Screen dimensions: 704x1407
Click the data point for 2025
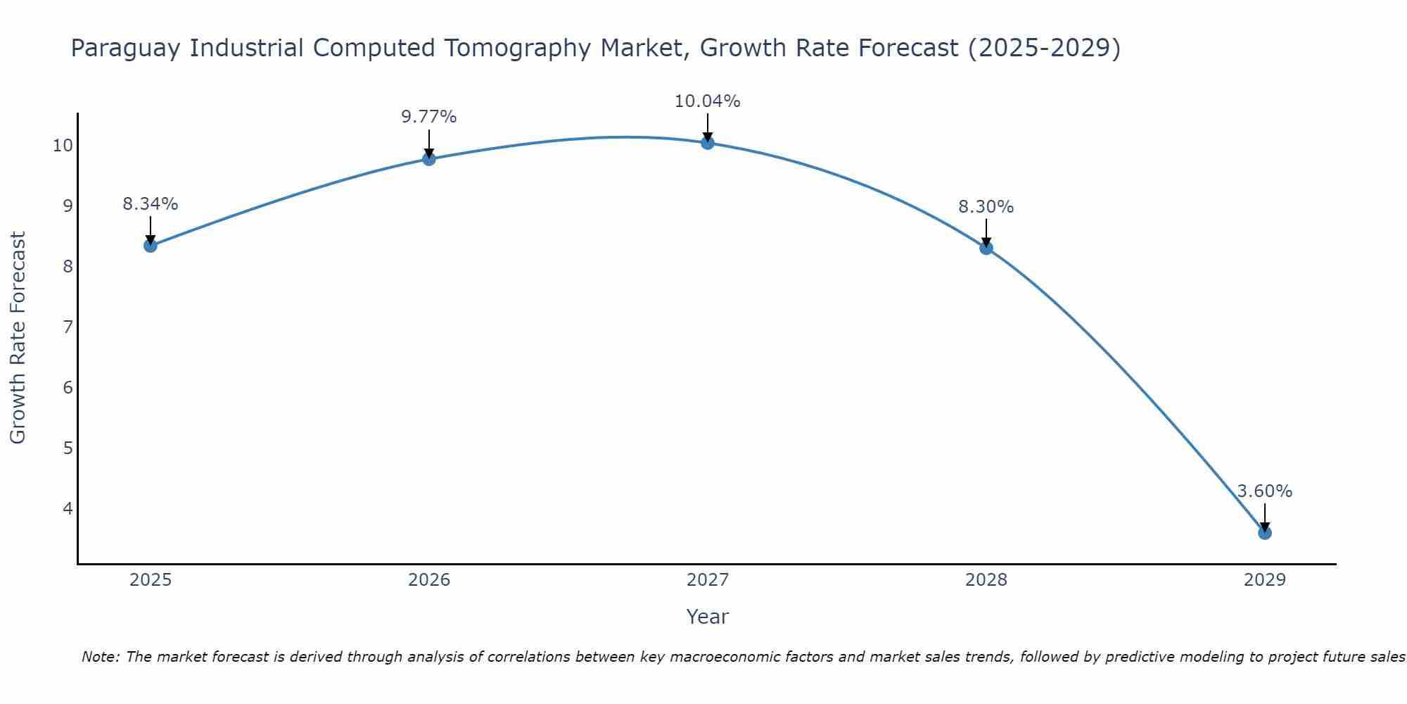tap(150, 246)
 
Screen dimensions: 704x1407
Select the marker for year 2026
tap(428, 159)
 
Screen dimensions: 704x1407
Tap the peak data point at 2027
tap(707, 143)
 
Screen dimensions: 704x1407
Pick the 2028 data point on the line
tap(986, 248)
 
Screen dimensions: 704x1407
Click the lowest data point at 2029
tap(1264, 533)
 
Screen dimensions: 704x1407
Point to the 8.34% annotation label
tap(150, 204)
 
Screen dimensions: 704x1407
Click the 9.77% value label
tap(428, 117)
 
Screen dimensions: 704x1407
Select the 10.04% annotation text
tap(707, 101)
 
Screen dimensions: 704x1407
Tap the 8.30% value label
tap(986, 207)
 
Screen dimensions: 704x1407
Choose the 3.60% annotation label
tap(1264, 491)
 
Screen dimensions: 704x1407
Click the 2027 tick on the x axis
tap(707, 580)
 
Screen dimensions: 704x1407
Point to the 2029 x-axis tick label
tap(1264, 580)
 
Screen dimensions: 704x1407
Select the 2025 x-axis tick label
tap(150, 580)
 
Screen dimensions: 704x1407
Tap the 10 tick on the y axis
tap(63, 146)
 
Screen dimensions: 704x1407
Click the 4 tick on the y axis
tap(68, 508)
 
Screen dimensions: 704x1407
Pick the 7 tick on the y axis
tap(68, 327)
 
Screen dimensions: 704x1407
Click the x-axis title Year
tap(707, 617)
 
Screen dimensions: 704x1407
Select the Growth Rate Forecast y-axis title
tap(18, 338)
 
